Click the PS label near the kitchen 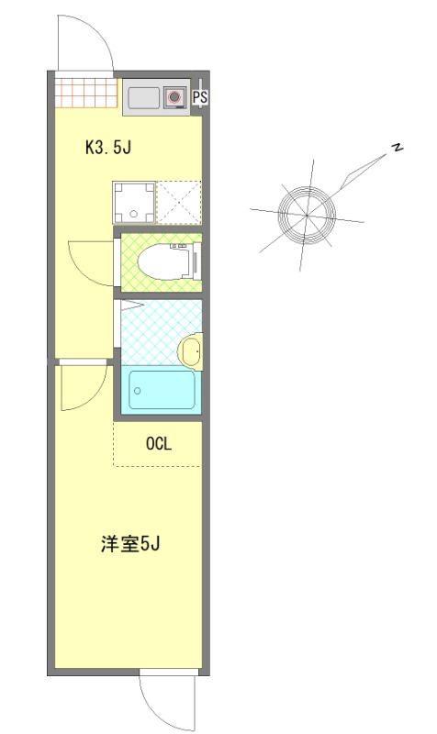tap(200, 96)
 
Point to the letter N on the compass tap(398, 149)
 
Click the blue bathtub tap(162, 391)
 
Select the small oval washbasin tap(190, 350)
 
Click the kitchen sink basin tap(143, 97)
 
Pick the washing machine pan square tap(133, 203)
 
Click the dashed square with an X tap(178, 203)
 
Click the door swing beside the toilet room tap(90, 261)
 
